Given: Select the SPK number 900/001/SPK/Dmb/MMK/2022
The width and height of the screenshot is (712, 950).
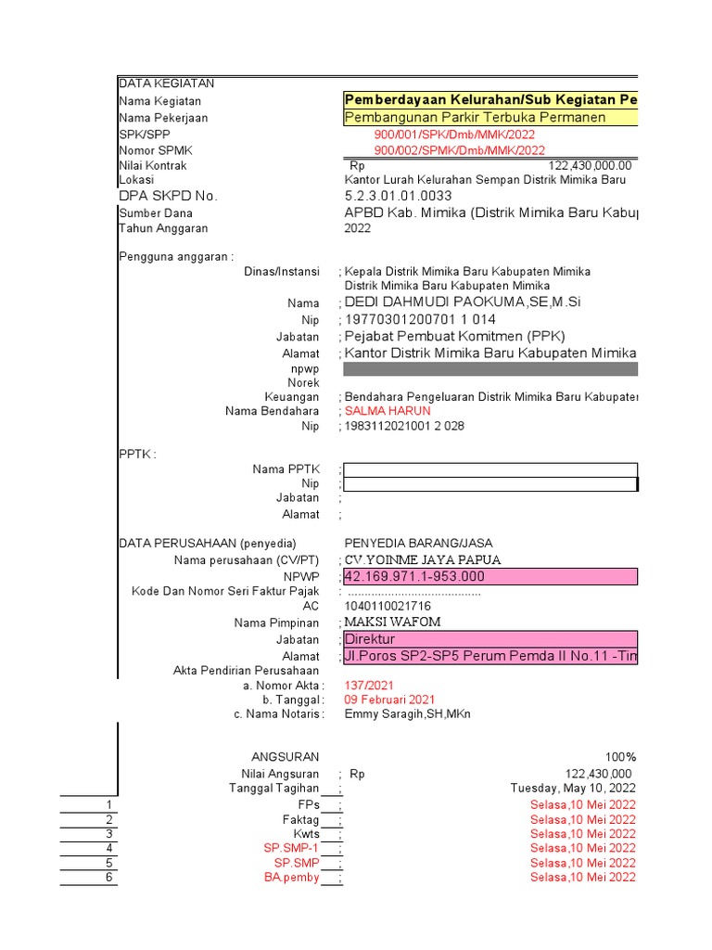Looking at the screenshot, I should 454,135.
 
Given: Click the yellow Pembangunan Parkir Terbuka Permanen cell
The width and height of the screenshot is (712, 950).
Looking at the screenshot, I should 489,118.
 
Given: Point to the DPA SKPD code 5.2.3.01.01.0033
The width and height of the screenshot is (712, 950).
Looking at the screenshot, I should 398,196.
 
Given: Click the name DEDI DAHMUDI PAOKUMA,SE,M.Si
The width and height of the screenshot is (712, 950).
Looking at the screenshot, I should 463,303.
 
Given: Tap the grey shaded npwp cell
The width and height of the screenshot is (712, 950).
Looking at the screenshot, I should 489,369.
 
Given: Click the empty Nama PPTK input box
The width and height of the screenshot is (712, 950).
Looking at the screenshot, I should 489,469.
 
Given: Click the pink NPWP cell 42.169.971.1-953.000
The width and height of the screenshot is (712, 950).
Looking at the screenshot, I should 489,577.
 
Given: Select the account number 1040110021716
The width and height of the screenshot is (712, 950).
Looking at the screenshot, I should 388,606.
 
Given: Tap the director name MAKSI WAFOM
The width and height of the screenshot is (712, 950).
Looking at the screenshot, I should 393,623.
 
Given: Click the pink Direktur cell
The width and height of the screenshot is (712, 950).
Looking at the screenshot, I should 489,640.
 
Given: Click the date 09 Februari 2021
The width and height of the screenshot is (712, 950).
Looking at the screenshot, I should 389,700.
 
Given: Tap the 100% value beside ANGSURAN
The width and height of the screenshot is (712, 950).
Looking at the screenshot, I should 620,757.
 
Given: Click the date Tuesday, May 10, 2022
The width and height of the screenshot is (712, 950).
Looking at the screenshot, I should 573,789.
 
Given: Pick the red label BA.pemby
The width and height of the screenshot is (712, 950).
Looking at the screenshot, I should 292,878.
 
